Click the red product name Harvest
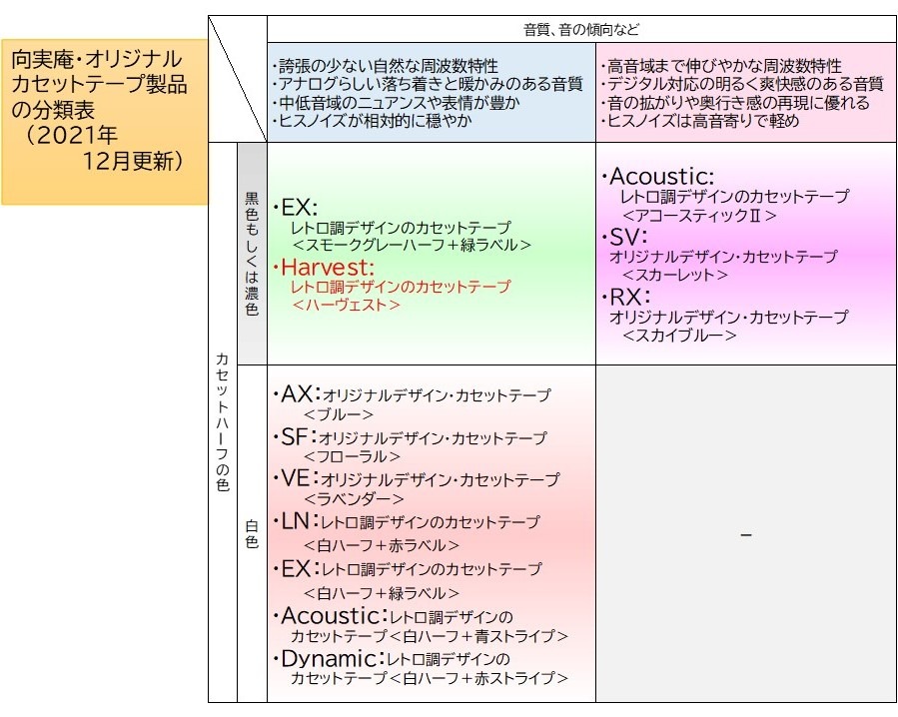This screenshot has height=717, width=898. click(327, 268)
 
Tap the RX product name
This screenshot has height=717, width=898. click(628, 298)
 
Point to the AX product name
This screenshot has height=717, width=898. click(298, 394)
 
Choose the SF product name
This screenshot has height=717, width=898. click(296, 437)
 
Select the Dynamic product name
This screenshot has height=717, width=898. click(331, 659)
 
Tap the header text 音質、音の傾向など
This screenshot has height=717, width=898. click(581, 30)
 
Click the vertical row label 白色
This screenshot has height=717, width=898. click(252, 533)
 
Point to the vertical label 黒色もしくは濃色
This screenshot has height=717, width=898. click(252, 254)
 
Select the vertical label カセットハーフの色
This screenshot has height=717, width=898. click(222, 421)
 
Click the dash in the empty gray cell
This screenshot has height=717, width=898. click(745, 535)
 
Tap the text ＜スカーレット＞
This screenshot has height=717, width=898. click(675, 275)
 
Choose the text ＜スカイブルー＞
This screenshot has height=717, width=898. click(679, 335)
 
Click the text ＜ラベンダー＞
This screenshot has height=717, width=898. click(354, 499)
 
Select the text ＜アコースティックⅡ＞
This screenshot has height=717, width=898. click(699, 216)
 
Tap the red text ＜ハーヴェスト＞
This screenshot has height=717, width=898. click(346, 305)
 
